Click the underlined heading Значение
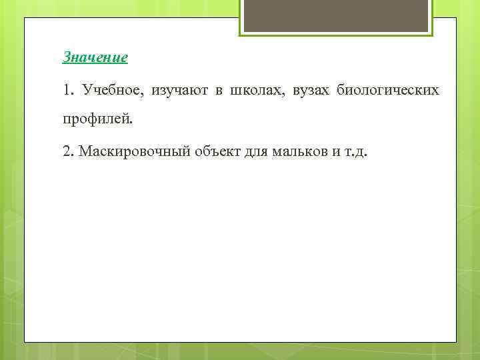click(x=95, y=58)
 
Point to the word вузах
click(x=311, y=90)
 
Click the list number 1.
click(x=66, y=90)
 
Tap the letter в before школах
click(x=217, y=91)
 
